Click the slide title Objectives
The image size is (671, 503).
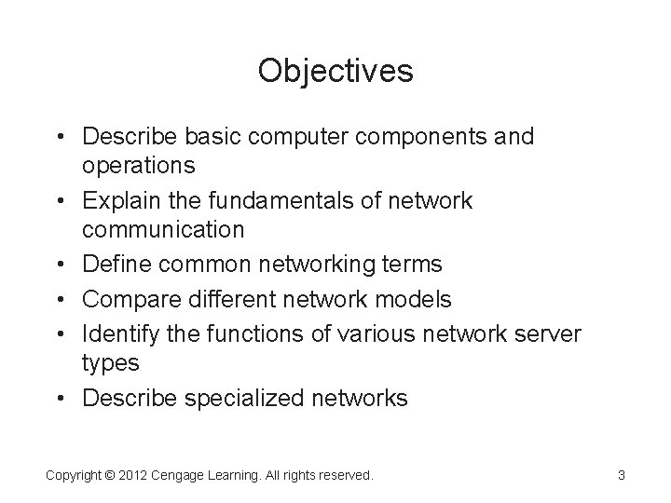tap(335, 71)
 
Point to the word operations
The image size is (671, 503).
tap(139, 166)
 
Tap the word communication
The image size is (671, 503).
tap(164, 229)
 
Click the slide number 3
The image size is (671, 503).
tap(621, 475)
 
